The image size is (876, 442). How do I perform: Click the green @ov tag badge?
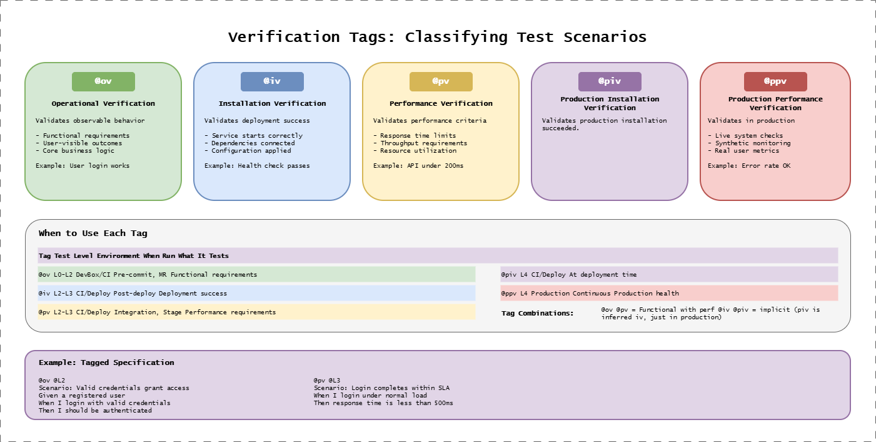pyautogui.click(x=103, y=81)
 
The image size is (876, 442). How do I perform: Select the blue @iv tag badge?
pyautogui.click(x=272, y=81)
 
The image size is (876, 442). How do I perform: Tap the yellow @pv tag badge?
pyautogui.click(x=441, y=81)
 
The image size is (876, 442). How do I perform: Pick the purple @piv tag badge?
pyautogui.click(x=610, y=81)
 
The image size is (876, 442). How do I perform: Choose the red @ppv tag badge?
pyautogui.click(x=775, y=81)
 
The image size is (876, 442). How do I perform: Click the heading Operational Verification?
pyautogui.click(x=103, y=103)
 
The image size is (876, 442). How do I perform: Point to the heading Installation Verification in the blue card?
pyautogui.click(x=272, y=103)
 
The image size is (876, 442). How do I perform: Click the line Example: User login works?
pyautogui.click(x=83, y=166)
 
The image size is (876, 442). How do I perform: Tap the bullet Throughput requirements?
pyautogui.click(x=424, y=143)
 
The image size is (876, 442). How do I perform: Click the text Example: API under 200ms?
pyautogui.click(x=418, y=166)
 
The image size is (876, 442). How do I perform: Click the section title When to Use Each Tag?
pyautogui.click(x=93, y=234)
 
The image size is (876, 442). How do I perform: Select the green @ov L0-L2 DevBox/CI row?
pyautogui.click(x=256, y=274)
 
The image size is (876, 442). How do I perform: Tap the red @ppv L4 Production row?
pyautogui.click(x=669, y=293)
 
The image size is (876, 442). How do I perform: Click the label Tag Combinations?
pyautogui.click(x=537, y=313)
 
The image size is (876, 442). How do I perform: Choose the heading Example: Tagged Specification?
pyautogui.click(x=106, y=362)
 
